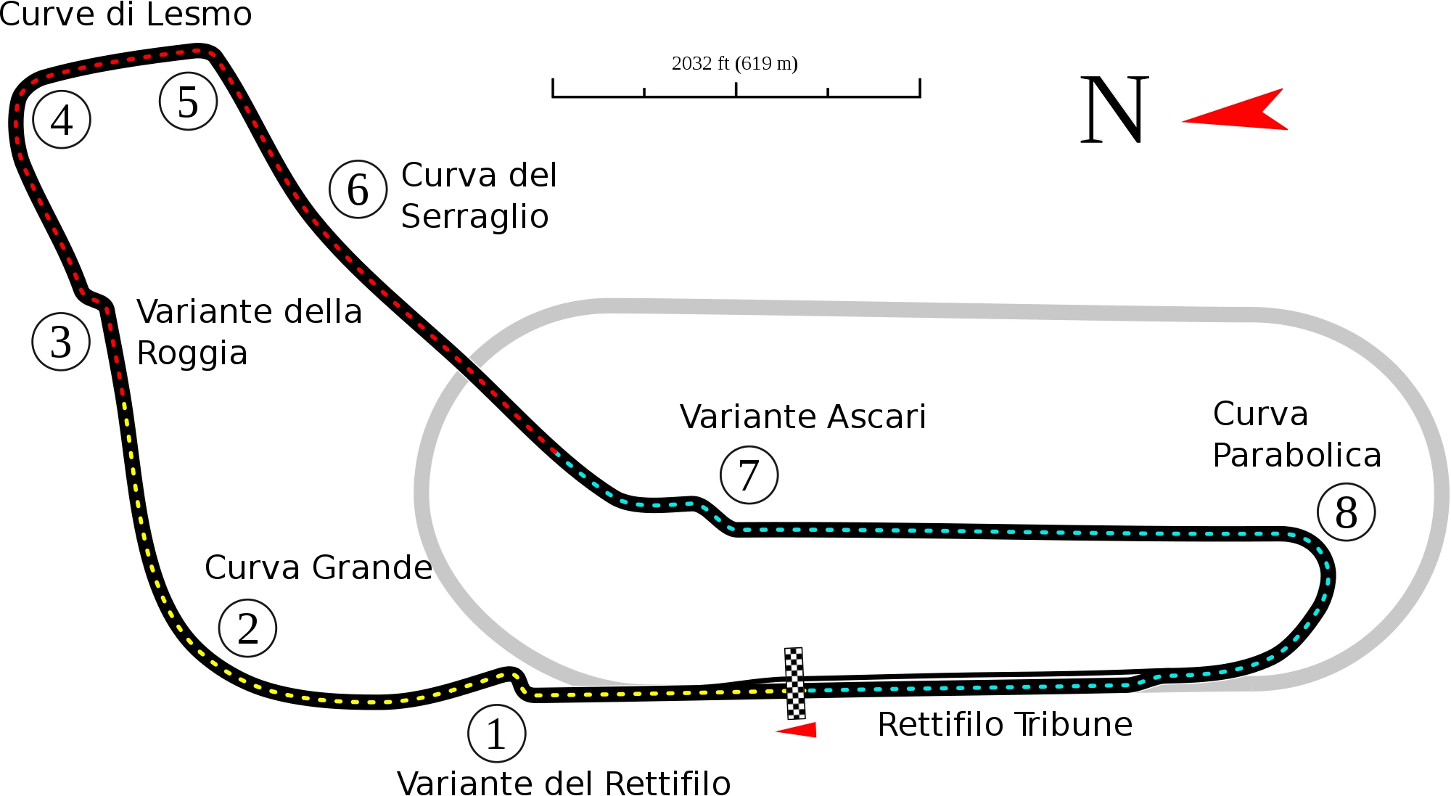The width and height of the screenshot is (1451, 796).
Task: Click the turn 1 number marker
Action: point(497,734)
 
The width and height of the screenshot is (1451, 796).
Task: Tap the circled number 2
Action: point(248,628)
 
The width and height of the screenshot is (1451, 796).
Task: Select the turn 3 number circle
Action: point(61,342)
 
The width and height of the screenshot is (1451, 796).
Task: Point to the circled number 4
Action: point(62,120)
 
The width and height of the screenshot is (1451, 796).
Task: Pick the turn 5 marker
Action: point(188,102)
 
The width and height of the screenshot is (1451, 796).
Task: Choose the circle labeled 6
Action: point(358,189)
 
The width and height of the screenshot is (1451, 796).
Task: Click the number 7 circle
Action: point(749,475)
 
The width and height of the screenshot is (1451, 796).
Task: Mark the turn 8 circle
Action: point(1346,512)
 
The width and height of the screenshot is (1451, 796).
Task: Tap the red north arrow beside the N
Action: point(1237,112)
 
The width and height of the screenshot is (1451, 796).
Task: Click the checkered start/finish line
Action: point(795,682)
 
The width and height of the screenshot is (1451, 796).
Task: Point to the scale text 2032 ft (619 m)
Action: point(734,64)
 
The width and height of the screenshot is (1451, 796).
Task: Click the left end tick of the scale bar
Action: point(552,87)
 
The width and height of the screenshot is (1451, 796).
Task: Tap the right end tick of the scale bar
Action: point(920,87)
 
